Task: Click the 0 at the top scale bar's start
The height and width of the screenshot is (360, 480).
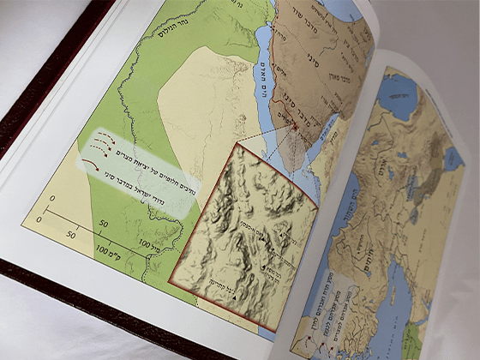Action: (51, 199)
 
